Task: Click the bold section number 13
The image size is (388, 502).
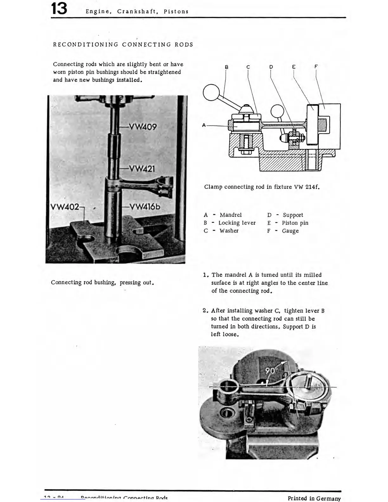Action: [59, 9]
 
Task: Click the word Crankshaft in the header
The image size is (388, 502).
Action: [137, 12]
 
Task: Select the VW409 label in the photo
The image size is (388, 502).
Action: [143, 127]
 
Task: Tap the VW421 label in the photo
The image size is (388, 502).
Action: [142, 168]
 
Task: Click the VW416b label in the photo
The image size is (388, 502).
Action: [145, 207]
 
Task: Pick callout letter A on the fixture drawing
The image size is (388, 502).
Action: [204, 125]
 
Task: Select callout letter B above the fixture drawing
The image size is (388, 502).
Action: [226, 67]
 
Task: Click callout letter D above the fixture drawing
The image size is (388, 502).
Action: [271, 67]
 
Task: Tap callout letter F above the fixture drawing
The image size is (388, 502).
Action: [316, 67]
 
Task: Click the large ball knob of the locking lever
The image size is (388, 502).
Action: [211, 93]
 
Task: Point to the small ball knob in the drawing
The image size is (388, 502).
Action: [277, 111]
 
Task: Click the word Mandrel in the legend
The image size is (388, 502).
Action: [230, 215]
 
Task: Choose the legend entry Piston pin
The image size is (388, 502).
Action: [295, 223]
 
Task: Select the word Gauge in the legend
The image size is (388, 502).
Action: [290, 231]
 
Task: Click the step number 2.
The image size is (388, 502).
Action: [205, 311]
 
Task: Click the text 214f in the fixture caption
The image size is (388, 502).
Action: [312, 187]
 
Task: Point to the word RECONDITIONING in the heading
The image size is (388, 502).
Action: [86, 45]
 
